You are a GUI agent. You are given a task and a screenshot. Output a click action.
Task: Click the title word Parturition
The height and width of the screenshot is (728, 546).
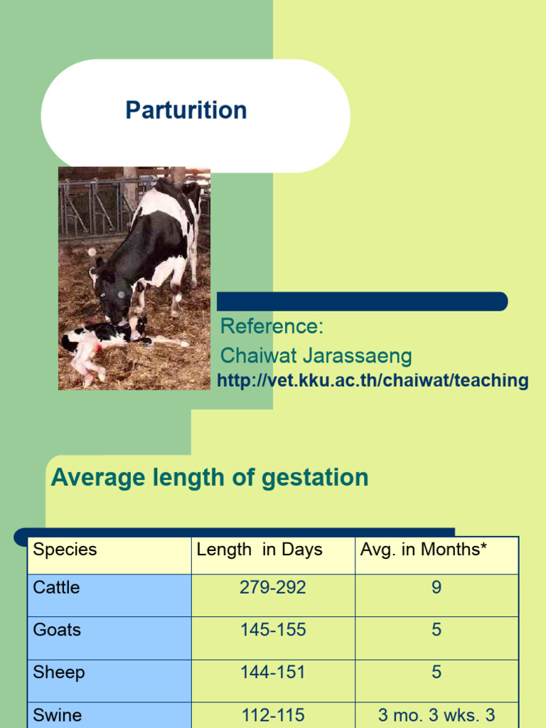186,110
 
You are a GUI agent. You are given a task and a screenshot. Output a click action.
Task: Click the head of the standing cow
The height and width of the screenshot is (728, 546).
112,299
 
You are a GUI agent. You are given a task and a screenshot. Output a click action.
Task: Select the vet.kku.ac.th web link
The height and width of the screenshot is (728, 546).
373,380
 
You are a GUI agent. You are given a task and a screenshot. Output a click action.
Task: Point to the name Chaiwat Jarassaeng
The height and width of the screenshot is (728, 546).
316,355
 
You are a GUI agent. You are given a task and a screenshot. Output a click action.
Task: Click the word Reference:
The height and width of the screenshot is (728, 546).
272,326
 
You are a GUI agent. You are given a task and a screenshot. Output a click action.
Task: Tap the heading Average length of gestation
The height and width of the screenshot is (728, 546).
210,478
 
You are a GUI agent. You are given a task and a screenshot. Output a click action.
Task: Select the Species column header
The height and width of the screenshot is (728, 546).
65,550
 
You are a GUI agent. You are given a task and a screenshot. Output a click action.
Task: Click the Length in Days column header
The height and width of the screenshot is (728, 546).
259,550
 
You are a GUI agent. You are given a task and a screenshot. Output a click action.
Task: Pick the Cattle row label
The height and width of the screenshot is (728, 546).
56,587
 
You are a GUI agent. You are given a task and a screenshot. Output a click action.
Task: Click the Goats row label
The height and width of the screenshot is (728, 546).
57,630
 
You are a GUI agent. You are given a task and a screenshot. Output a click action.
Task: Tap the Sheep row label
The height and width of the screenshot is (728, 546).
59,673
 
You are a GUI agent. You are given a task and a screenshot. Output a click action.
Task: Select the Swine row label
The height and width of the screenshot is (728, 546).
58,715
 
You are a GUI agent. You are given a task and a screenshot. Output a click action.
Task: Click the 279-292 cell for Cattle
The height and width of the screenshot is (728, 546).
273,587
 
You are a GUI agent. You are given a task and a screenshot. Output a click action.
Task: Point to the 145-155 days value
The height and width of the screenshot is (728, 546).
273,630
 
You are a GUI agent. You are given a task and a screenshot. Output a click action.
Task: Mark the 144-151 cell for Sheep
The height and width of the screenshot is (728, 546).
273,673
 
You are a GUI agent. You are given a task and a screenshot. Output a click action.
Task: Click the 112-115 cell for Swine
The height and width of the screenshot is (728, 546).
273,715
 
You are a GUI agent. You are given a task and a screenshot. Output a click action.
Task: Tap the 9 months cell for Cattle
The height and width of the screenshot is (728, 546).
437,587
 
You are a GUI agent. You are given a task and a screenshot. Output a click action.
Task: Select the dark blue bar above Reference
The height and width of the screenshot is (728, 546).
362,301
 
